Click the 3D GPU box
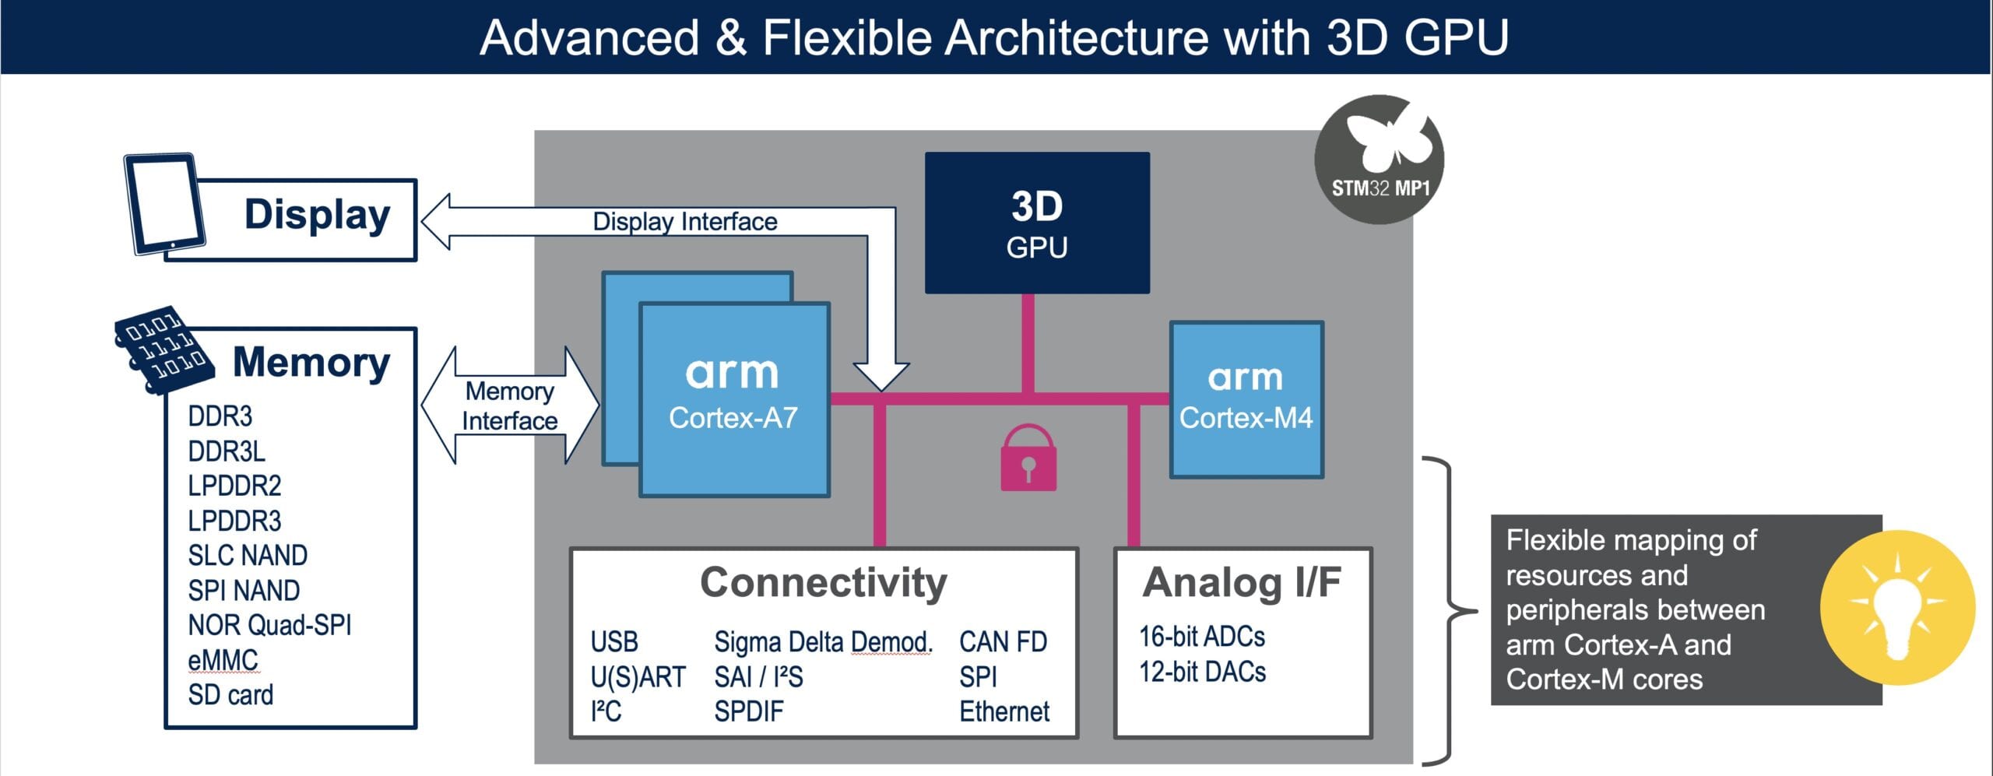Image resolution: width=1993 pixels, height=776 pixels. tap(1037, 223)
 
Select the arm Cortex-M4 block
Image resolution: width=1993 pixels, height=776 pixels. tap(1246, 399)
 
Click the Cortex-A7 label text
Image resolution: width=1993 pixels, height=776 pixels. tap(733, 419)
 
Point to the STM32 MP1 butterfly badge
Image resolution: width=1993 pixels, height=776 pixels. tap(1380, 160)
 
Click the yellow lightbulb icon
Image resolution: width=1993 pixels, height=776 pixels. tap(1897, 607)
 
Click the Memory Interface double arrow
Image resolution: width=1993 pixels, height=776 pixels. tap(510, 406)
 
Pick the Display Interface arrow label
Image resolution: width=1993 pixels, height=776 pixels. tap(685, 222)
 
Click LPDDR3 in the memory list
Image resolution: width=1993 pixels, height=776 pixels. tap(234, 521)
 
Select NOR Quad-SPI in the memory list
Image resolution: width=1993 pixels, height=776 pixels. tap(269, 625)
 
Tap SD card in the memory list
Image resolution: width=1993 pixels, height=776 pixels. tap(230, 695)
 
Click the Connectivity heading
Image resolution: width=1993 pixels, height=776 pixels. tap(824, 582)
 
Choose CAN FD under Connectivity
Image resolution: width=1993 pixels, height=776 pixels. tap(1003, 642)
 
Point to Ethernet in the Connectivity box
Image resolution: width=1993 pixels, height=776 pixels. tap(1004, 711)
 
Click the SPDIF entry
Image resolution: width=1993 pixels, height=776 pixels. tap(749, 711)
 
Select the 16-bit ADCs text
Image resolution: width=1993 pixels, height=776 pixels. tap(1202, 637)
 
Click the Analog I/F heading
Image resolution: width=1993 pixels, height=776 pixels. tap(1242, 583)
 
